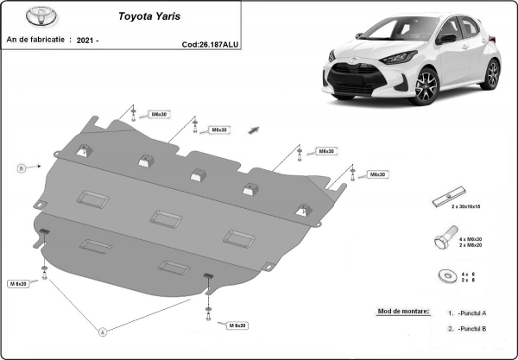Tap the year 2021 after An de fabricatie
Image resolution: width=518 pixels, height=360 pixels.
pyautogui.click(x=87, y=40)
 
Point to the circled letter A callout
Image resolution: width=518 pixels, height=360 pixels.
pyautogui.click(x=103, y=332)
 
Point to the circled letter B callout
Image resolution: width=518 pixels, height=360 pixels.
pyautogui.click(x=21, y=167)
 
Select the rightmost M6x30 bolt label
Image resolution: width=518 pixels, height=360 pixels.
pyautogui.click(x=377, y=174)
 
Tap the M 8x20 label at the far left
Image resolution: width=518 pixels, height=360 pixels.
pyautogui.click(x=19, y=283)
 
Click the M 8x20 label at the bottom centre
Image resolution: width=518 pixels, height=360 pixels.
pyautogui.click(x=237, y=325)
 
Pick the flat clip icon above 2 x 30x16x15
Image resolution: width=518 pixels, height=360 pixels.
pyautogui.click(x=452, y=193)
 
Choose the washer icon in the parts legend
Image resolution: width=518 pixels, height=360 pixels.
pyautogui.click(x=446, y=276)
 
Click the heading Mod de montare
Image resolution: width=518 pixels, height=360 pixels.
pyautogui.click(x=402, y=310)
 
